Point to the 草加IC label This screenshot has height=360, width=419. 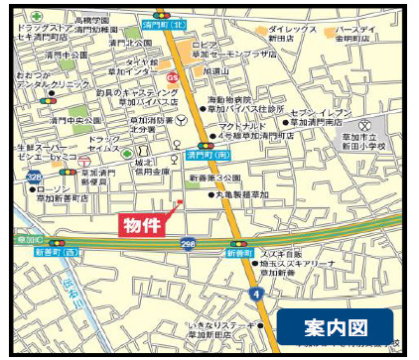tap(28, 240)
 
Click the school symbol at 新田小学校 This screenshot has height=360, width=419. tap(367, 126)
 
